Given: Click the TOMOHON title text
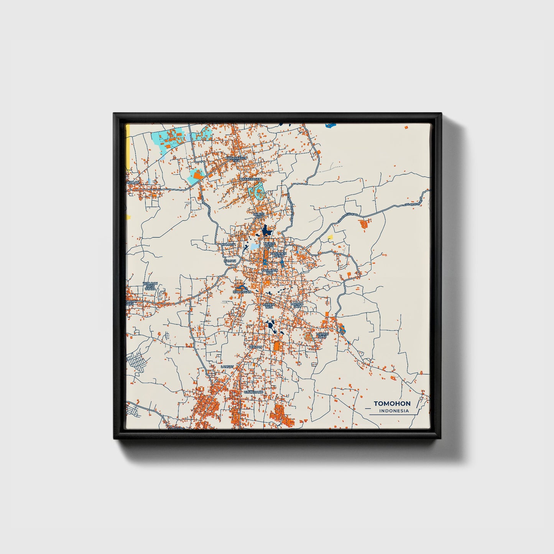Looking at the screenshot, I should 392,403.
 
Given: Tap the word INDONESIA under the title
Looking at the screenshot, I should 394,411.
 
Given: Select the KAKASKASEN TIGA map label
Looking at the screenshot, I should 236,158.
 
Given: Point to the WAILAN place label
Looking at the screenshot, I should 133,182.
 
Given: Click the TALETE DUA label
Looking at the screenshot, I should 259,215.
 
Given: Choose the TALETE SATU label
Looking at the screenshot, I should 269,245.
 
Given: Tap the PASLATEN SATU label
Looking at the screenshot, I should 278,255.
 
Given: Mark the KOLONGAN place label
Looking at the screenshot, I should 242,292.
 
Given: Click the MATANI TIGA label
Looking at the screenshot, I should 268,306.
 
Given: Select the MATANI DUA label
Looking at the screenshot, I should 298,305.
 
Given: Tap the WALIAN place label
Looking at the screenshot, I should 255,347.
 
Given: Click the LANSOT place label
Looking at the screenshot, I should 227,367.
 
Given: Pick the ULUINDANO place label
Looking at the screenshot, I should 253,393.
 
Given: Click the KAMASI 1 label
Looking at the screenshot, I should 229,244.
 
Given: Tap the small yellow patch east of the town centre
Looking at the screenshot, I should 330,237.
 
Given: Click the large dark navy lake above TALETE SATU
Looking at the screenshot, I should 266,231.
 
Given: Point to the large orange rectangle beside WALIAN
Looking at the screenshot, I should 277,346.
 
